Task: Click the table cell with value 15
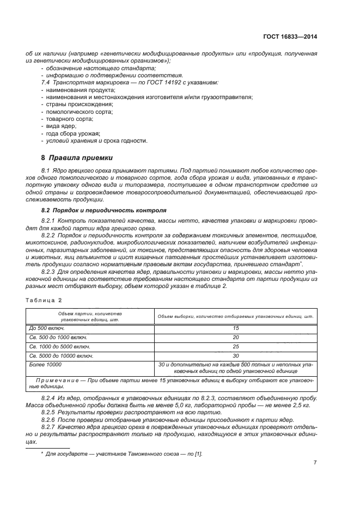(x=236, y=328)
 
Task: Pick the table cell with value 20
(x=236, y=338)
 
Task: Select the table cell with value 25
(x=236, y=347)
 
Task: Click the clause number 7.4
(x=46, y=82)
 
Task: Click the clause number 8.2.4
(x=50, y=398)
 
